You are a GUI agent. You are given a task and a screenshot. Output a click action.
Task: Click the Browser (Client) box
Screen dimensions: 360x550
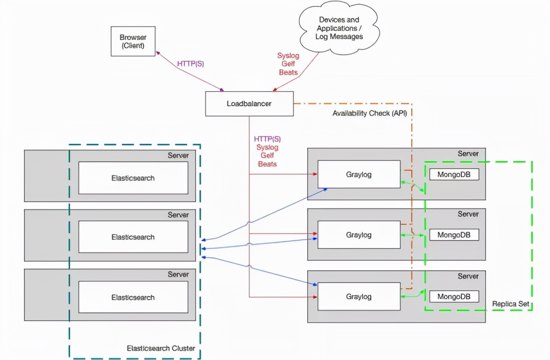[133, 41]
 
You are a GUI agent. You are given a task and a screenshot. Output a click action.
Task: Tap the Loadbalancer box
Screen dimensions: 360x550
[249, 104]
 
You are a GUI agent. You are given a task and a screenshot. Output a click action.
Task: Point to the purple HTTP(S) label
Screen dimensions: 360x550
[190, 64]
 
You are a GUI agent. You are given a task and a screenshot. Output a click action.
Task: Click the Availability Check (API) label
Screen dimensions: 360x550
[369, 113]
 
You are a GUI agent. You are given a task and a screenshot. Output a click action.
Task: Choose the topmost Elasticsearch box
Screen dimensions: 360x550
[133, 178]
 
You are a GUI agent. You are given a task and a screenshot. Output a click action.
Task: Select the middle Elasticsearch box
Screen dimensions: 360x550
[133, 237]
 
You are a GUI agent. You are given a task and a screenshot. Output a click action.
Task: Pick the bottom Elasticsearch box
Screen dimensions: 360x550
[133, 297]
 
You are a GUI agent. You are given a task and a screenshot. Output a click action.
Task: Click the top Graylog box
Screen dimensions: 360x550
[359, 174]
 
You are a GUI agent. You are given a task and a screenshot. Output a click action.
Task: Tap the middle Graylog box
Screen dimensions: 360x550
[359, 235]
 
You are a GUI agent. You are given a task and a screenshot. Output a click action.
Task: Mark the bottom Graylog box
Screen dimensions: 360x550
[359, 296]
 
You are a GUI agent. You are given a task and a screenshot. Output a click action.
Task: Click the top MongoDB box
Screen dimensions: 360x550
[454, 174]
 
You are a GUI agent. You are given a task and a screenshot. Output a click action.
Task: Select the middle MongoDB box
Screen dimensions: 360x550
[454, 235]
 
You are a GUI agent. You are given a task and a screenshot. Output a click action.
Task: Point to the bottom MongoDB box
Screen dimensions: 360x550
[454, 296]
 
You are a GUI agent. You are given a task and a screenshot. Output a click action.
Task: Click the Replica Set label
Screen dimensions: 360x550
[510, 304]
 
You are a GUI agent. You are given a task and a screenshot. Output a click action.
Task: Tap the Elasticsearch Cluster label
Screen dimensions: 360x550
[161, 348]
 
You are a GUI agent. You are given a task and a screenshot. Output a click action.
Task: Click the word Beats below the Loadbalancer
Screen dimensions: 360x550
[267, 164]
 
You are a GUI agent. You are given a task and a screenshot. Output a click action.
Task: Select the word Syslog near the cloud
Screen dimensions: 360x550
[288, 56]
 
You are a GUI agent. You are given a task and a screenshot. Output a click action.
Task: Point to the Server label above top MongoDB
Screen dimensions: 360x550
[468, 154]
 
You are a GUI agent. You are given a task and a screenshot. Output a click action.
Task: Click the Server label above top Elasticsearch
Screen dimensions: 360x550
[178, 156]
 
